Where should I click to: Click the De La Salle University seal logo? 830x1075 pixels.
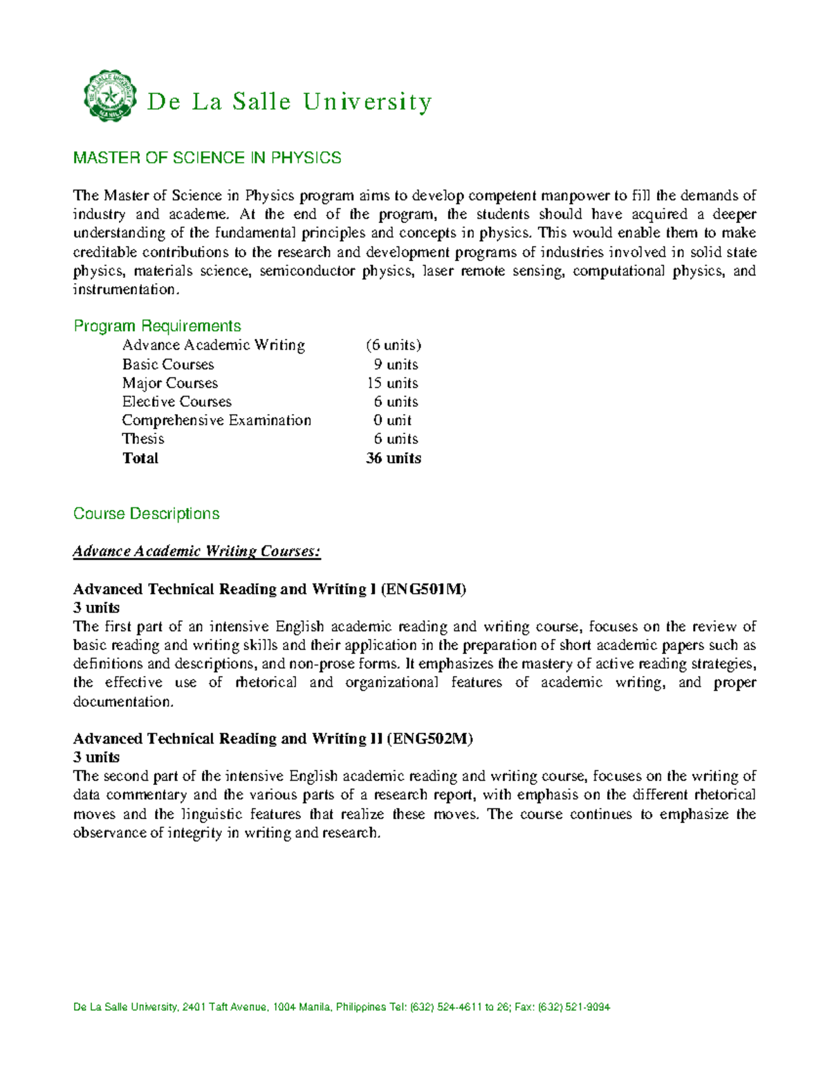point(109,96)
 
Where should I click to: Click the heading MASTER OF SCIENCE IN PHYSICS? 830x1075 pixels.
point(207,158)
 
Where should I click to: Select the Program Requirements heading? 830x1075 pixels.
point(157,326)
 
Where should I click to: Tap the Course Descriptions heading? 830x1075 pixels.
point(146,514)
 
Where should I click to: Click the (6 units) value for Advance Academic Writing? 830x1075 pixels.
point(394,345)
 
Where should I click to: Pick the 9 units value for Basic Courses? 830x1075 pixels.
point(396,364)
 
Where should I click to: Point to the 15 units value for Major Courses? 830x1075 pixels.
point(392,383)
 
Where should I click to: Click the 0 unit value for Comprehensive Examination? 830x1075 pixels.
point(392,420)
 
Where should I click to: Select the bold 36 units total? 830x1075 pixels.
point(393,458)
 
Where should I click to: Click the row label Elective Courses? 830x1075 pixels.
point(176,401)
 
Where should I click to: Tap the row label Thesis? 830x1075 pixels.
point(143,439)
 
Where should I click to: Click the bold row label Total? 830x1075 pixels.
point(140,458)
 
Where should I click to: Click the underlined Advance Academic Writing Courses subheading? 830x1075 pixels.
point(196,552)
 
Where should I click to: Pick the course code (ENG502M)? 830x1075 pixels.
point(430,739)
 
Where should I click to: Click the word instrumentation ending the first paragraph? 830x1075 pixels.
point(125,290)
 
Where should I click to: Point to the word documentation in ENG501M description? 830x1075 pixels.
point(123,702)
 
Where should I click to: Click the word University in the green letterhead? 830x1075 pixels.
point(367,102)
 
